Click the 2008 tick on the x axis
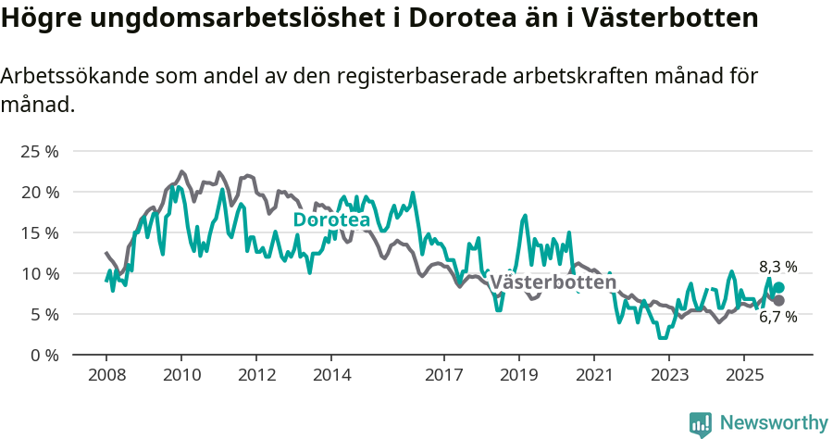point(106,375)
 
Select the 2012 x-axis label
point(256,375)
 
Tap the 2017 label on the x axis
point(443,375)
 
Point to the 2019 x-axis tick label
point(518,375)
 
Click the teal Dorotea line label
point(331,220)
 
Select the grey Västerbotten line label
point(553,282)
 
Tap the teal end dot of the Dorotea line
point(778,288)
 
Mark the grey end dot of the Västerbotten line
point(778,300)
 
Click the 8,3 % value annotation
point(777,268)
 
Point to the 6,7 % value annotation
point(777,318)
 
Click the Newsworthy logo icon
point(701,423)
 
